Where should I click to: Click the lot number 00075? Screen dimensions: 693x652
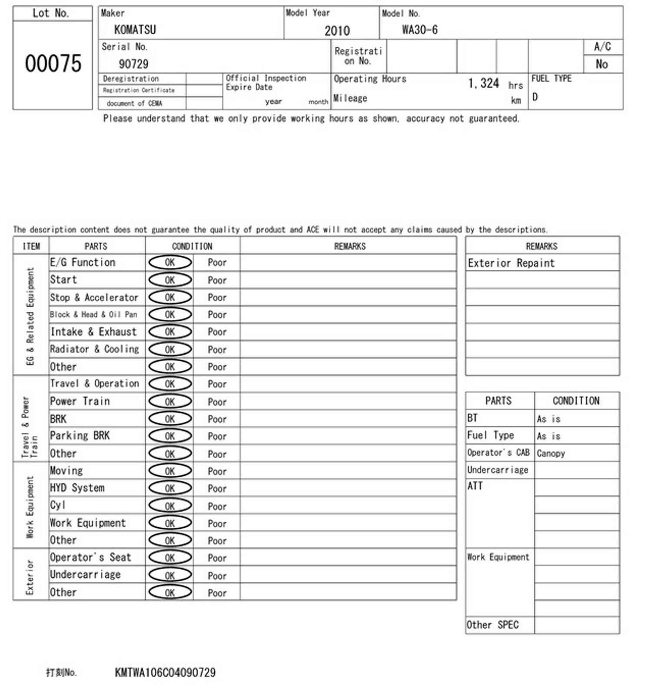[53, 63]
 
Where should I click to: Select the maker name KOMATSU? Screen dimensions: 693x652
[135, 30]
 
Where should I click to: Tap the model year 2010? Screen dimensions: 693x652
[337, 31]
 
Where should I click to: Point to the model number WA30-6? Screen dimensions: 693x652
[419, 30]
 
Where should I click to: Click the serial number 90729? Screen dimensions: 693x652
[133, 64]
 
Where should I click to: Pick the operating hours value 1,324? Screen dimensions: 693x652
[483, 83]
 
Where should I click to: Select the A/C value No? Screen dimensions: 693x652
[602, 64]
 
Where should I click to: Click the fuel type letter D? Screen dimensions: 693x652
[535, 97]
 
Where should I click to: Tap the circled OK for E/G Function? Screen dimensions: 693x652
[170, 263]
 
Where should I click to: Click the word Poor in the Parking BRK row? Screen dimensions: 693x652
[217, 436]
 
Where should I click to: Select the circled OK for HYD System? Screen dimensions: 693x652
[170, 489]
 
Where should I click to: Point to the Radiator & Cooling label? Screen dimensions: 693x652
[94, 349]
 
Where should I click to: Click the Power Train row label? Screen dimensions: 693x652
[80, 401]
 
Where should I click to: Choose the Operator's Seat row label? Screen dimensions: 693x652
[90, 557]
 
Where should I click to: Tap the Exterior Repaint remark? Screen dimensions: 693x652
[511, 263]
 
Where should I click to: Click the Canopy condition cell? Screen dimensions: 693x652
[551, 453]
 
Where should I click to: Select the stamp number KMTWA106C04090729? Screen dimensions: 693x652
[165, 673]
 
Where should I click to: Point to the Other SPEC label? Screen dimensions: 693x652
[492, 625]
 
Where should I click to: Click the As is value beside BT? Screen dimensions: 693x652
[549, 419]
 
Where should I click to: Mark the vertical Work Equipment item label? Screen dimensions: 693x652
[30, 507]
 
